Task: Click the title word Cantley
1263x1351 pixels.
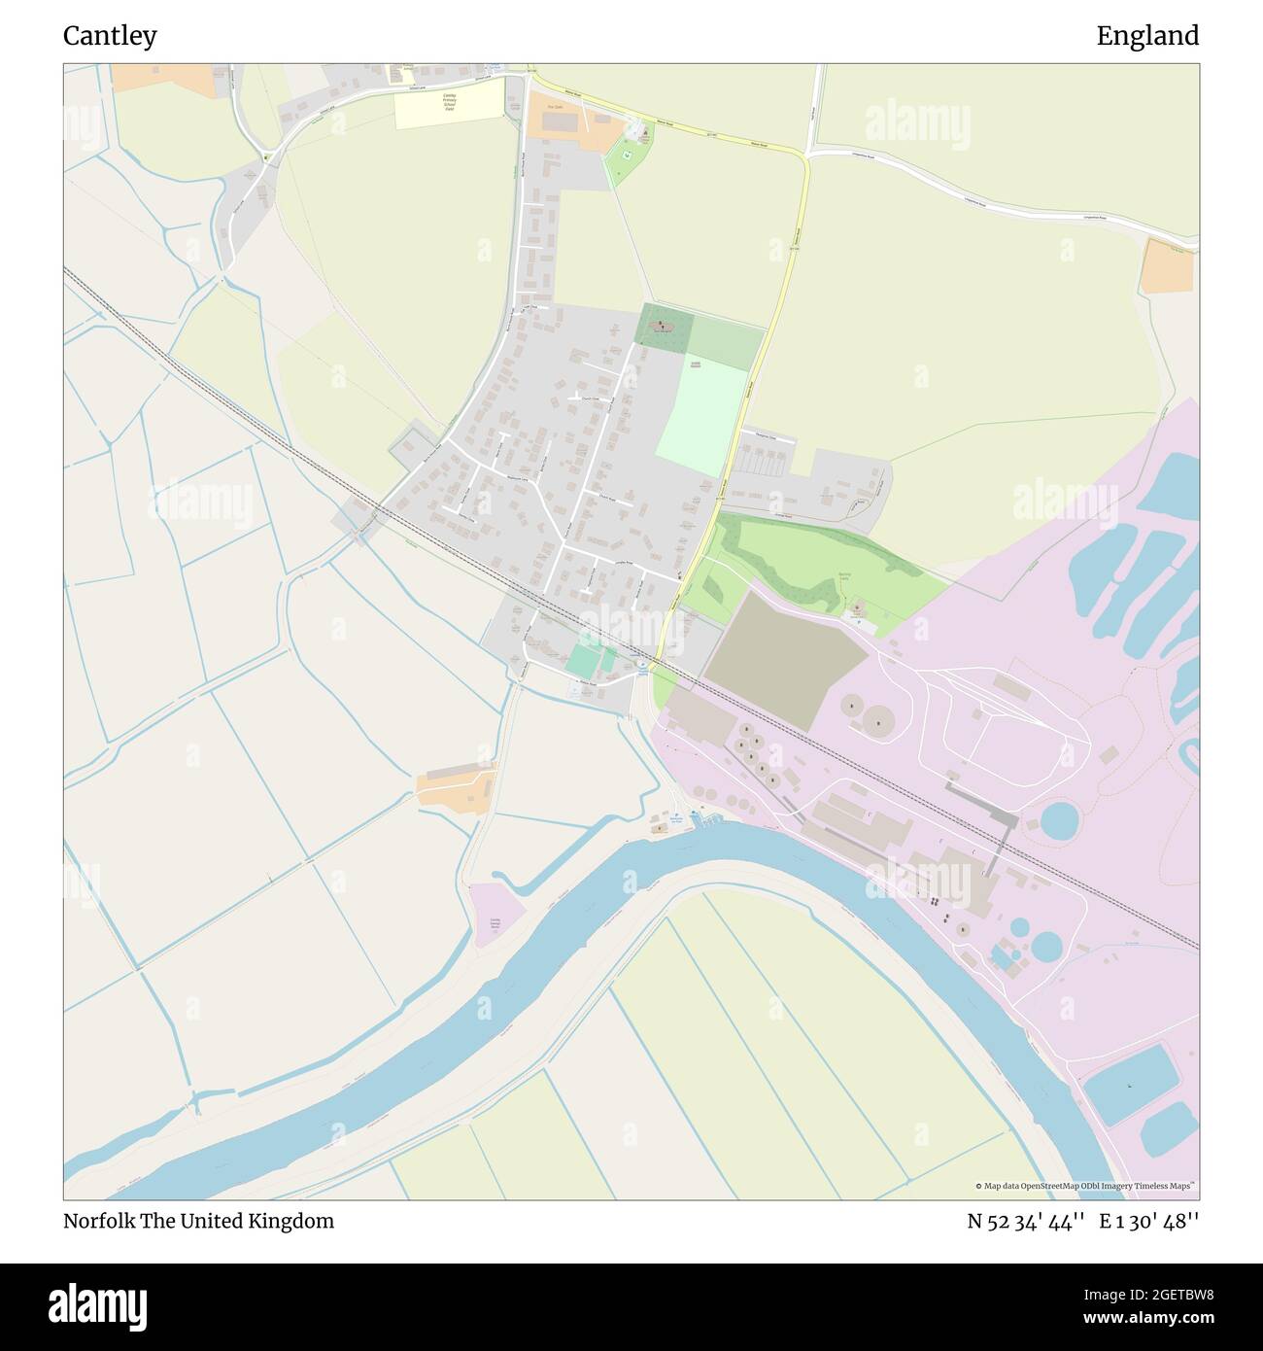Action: [x=110, y=36]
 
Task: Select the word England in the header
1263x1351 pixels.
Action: [x=1147, y=36]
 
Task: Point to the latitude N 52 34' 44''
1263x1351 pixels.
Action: [x=1025, y=1221]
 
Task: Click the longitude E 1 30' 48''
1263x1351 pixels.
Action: [x=1149, y=1221]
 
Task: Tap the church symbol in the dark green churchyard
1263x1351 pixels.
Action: [x=663, y=326]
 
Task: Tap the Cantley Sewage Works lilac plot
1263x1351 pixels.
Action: [x=495, y=913]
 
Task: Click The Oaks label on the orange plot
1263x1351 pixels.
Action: [x=556, y=108]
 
